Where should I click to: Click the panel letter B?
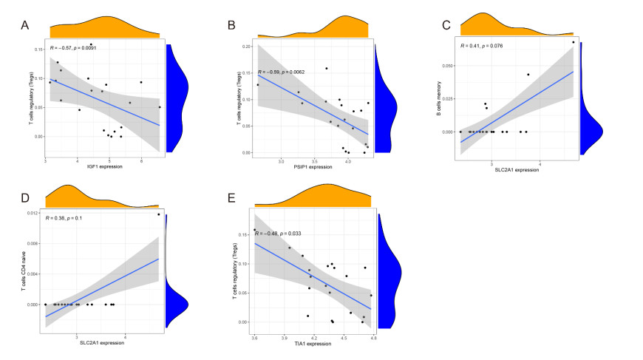click(x=230, y=27)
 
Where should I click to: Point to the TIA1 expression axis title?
click(x=313, y=344)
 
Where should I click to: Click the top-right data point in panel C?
click(x=573, y=42)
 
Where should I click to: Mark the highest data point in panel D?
click(x=158, y=214)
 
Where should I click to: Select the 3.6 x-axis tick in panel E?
click(x=254, y=338)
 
